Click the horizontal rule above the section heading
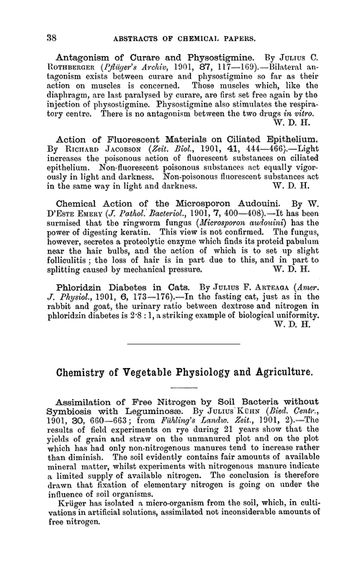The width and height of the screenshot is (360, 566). pyautogui.click(x=179, y=405)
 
